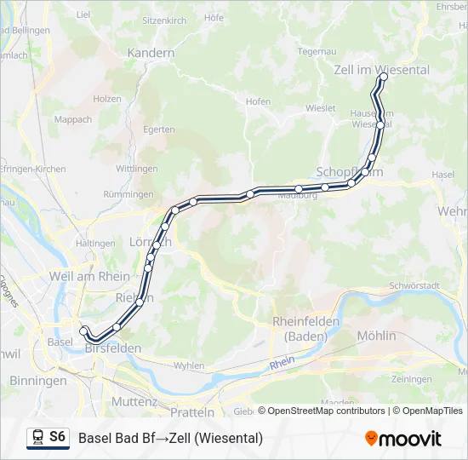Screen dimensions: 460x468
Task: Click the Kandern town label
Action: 151,53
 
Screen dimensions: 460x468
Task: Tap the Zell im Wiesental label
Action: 382,70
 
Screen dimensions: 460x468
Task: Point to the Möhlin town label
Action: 377,336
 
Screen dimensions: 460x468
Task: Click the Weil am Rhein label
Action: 90,276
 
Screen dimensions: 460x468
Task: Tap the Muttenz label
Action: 134,401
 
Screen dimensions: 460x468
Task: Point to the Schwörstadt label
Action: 412,285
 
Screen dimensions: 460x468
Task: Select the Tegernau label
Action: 317,51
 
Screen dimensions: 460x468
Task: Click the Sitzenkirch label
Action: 164,19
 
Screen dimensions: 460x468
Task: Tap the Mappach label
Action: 73,120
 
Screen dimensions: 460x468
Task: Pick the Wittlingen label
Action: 136,169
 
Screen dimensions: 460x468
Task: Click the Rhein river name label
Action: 282,365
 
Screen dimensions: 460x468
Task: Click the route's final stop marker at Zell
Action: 384,77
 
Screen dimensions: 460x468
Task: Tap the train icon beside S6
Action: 37,438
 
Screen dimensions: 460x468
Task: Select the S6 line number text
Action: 57,437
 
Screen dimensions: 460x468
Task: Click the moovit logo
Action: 403,439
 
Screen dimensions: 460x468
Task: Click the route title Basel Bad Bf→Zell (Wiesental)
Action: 171,439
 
